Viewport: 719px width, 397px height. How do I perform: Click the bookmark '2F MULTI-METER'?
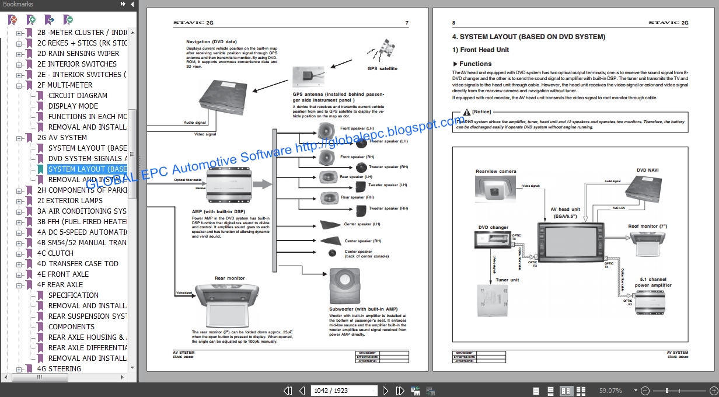coord(70,85)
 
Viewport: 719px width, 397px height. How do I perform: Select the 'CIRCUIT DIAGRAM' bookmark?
coord(78,95)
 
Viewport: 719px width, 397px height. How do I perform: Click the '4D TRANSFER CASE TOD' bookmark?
coord(78,263)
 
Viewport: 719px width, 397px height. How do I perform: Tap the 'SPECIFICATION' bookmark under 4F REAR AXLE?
coord(74,295)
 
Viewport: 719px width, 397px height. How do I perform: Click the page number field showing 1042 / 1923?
coord(344,391)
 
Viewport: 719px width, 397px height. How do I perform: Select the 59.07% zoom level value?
coord(610,391)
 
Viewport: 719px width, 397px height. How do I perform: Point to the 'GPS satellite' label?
coord(382,68)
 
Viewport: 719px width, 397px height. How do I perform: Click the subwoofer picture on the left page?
coord(348,286)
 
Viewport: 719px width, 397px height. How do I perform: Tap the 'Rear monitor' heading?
coord(229,278)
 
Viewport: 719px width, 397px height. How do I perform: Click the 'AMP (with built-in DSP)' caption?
coord(218,211)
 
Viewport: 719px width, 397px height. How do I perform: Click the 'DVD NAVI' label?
coord(647,170)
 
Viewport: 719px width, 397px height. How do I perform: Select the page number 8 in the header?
coord(453,23)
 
